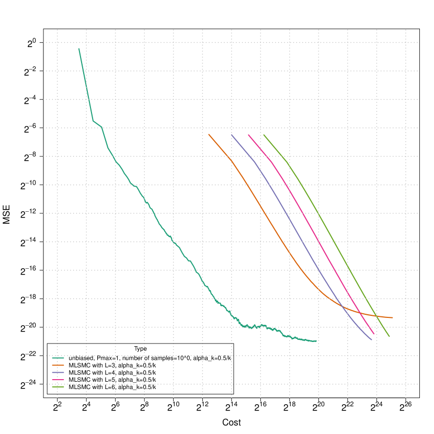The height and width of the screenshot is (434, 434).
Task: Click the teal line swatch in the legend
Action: (x=58, y=358)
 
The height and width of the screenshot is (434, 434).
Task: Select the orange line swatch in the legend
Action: (x=58, y=365)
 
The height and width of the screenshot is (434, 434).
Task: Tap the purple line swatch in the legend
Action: (x=58, y=372)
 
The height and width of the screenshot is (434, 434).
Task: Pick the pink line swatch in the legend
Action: (x=58, y=380)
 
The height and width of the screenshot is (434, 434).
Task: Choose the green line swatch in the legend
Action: (x=58, y=387)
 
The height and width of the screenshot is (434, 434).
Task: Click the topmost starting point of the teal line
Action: (x=79, y=49)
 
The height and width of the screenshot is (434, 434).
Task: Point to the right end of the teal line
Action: (x=316, y=341)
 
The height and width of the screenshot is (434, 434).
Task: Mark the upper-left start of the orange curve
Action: (x=209, y=134)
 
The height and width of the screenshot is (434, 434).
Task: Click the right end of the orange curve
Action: (x=393, y=317)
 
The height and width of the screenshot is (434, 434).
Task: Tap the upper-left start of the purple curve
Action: (x=231, y=134)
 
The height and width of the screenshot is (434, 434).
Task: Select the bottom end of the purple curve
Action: (x=372, y=340)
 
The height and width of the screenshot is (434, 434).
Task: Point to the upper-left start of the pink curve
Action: (x=248, y=134)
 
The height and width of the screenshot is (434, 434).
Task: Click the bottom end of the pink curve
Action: (x=374, y=334)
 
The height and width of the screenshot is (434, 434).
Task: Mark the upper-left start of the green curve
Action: (x=264, y=134)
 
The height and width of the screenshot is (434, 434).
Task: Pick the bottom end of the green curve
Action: (x=389, y=336)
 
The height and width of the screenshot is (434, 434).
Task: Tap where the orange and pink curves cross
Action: (x=357, y=312)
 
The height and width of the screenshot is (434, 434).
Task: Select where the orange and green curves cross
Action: (x=376, y=315)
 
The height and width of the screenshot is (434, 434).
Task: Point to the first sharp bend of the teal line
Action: (x=93, y=121)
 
